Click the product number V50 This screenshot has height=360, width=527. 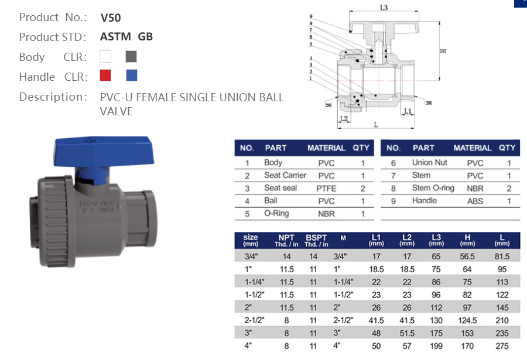[111, 18]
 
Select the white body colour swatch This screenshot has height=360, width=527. [105, 57]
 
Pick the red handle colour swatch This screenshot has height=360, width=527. [105, 76]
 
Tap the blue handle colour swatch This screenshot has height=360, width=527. [132, 76]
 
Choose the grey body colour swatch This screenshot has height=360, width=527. [131, 57]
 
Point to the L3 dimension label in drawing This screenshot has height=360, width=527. [384, 8]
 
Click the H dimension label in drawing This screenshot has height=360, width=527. [443, 51]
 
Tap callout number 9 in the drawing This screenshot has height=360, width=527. [312, 16]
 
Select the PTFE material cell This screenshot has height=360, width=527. [326, 188]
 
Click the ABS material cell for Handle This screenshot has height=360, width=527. [475, 201]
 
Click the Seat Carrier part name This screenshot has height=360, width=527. [285, 175]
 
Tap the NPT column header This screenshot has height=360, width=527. [286, 240]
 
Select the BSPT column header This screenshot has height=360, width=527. [314, 240]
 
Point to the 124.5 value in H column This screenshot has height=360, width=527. [468, 320]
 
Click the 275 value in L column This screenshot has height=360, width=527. [502, 345]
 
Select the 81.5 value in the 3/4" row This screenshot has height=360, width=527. [502, 256]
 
